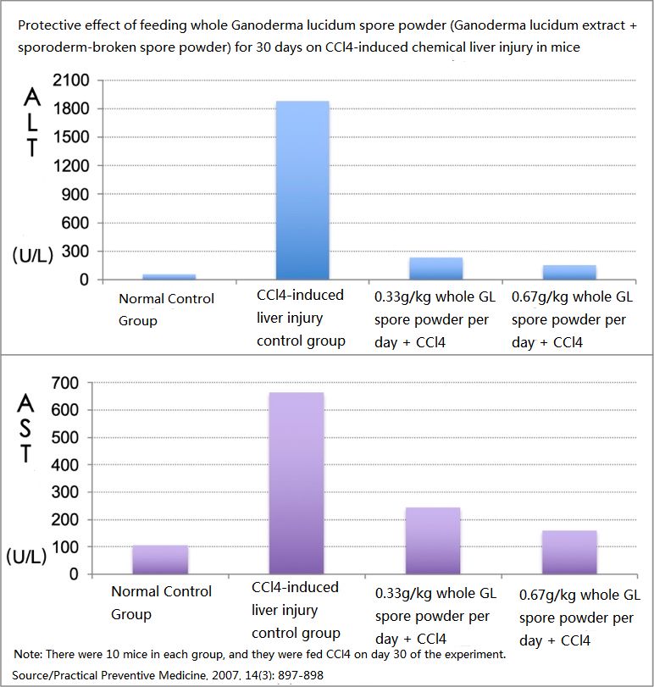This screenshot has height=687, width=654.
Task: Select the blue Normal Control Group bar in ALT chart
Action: pyautogui.click(x=168, y=276)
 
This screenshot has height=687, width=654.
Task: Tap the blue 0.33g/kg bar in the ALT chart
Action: pyautogui.click(x=436, y=269)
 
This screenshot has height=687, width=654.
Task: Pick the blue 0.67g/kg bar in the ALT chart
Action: pyautogui.click(x=569, y=272)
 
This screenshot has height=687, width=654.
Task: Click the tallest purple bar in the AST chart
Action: pyautogui.click(x=297, y=483)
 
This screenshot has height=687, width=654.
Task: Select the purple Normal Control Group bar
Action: pyautogui.click(x=160, y=559)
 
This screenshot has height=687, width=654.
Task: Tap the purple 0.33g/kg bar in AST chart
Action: pyautogui.click(x=433, y=540)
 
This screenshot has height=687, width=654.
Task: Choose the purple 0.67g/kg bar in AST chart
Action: pyautogui.click(x=569, y=551)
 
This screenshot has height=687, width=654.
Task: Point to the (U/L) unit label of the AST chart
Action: pyautogui.click(x=28, y=557)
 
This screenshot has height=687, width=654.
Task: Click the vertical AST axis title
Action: pyautogui.click(x=28, y=428)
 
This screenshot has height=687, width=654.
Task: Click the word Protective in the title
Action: pyautogui.click(x=47, y=25)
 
